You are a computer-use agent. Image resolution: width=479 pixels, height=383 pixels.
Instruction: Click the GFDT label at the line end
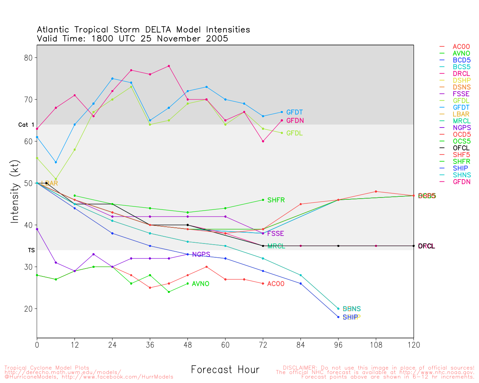(295, 112)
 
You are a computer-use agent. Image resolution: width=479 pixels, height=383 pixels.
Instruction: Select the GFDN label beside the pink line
(295, 121)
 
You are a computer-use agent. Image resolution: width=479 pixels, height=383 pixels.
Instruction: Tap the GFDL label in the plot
(295, 133)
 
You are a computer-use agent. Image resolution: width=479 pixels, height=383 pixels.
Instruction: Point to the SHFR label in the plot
(276, 200)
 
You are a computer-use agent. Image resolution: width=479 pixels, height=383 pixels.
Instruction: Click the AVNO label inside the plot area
(201, 284)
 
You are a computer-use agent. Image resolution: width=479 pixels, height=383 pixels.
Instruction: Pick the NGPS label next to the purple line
(201, 255)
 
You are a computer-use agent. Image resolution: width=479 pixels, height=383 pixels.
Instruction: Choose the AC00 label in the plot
(276, 284)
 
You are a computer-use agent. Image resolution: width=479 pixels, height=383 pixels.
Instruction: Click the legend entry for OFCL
(461, 148)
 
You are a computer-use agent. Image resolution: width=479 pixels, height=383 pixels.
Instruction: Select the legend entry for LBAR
(461, 114)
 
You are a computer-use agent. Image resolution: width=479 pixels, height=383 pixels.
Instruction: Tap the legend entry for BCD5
(461, 60)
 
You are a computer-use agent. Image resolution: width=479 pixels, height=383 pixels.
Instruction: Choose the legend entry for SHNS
(461, 175)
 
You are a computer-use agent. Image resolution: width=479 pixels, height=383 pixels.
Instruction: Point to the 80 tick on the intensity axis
(29, 58)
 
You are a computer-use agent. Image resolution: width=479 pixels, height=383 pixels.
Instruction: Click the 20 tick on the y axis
(29, 309)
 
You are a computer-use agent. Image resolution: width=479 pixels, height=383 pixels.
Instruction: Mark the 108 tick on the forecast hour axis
(376, 345)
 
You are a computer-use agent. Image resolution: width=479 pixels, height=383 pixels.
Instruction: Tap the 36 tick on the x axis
(150, 345)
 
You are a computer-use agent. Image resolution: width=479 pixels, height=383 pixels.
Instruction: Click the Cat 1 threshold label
(26, 125)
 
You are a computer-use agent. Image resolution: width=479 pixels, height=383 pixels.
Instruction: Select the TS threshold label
(31, 250)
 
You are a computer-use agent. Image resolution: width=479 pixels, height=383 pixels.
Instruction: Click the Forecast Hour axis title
(225, 370)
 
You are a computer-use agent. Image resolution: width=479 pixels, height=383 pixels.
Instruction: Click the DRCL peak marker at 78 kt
(169, 66)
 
